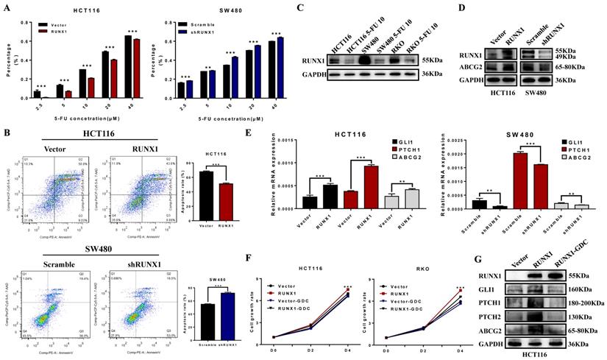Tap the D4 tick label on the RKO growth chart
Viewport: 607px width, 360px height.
click(x=462, y=339)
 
